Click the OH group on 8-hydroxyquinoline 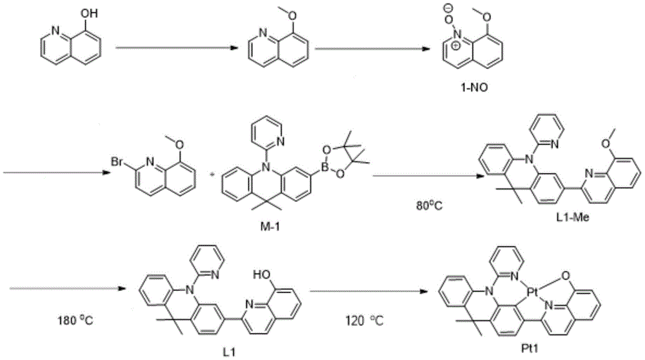[89, 14]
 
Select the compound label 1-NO [474, 88]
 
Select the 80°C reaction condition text [429, 205]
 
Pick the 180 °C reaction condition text [75, 319]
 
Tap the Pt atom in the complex [533, 292]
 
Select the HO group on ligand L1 [262, 275]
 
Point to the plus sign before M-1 [212, 174]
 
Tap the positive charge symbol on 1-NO [456, 46]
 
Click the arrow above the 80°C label [428, 177]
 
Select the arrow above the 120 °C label [368, 292]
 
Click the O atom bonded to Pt [566, 275]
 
